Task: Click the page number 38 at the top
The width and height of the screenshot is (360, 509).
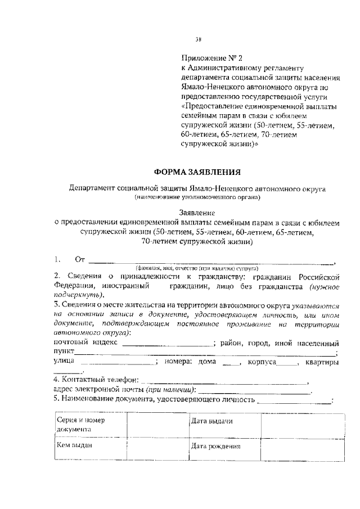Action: pos(198,39)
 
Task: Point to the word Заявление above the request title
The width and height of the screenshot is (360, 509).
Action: pos(197,214)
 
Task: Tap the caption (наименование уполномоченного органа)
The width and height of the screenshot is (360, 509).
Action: pos(197,197)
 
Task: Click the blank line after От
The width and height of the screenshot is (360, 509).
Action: pos(211,262)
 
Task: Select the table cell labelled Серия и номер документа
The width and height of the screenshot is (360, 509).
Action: pos(90,424)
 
